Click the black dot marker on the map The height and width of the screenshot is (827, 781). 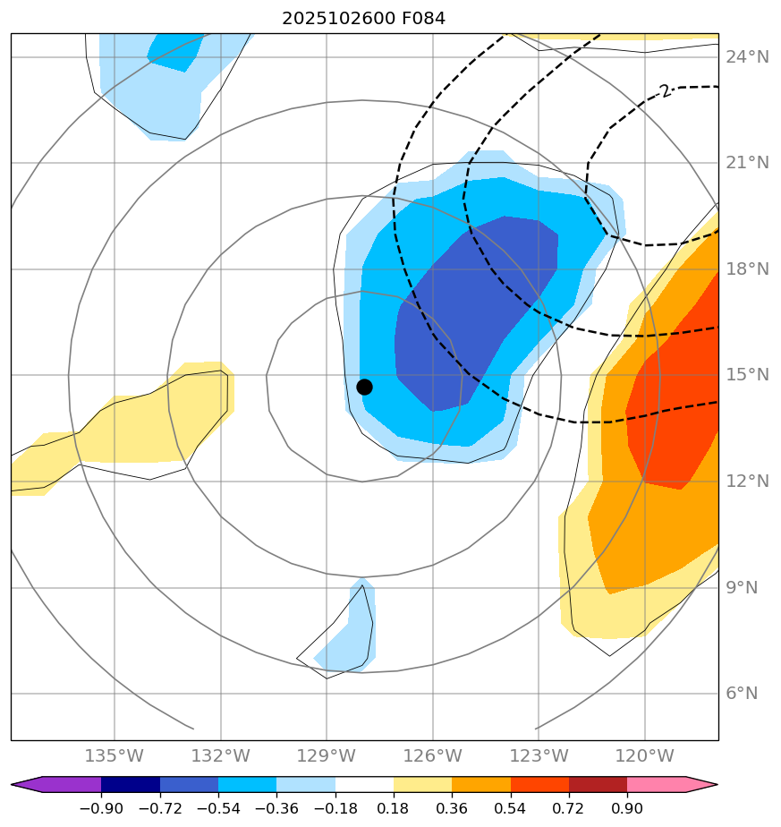(364, 387)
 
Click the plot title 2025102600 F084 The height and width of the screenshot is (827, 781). (363, 18)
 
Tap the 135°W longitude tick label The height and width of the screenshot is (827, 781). (114, 756)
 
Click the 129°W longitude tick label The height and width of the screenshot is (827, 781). (326, 756)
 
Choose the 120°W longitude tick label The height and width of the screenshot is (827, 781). (644, 756)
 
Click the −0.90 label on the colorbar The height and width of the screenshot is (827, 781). (100, 809)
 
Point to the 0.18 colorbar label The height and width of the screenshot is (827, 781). (394, 809)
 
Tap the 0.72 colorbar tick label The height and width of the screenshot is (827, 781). (569, 809)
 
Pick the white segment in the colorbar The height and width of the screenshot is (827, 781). (364, 785)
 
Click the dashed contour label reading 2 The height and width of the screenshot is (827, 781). (664, 91)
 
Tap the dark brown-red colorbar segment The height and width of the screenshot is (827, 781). (598, 785)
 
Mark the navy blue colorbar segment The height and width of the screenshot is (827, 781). (131, 785)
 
